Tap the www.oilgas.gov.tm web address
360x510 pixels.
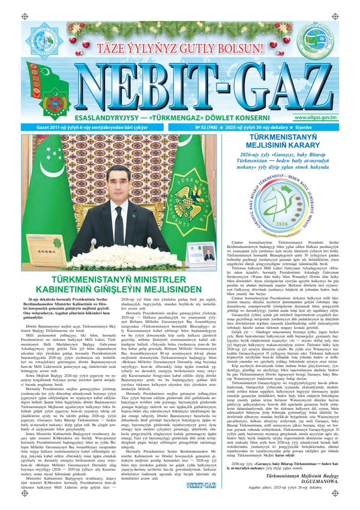pos(325,118)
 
